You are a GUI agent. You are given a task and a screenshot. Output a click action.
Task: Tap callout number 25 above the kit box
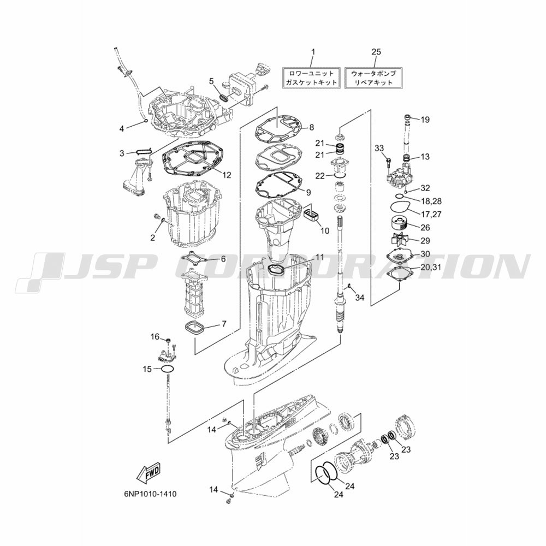376,52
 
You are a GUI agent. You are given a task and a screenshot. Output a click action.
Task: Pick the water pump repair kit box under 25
373,78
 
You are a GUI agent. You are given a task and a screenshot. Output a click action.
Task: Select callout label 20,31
430,267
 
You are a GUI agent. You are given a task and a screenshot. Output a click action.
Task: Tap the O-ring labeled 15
167,369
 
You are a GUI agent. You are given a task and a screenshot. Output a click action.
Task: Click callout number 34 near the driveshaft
360,298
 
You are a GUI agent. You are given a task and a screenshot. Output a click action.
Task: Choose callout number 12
227,175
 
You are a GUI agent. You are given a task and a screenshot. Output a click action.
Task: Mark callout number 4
122,129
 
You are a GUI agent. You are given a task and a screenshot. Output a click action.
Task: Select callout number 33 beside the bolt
379,148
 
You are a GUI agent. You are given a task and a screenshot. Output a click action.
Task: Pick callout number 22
320,176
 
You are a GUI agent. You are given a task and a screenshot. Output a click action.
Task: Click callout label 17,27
431,214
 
